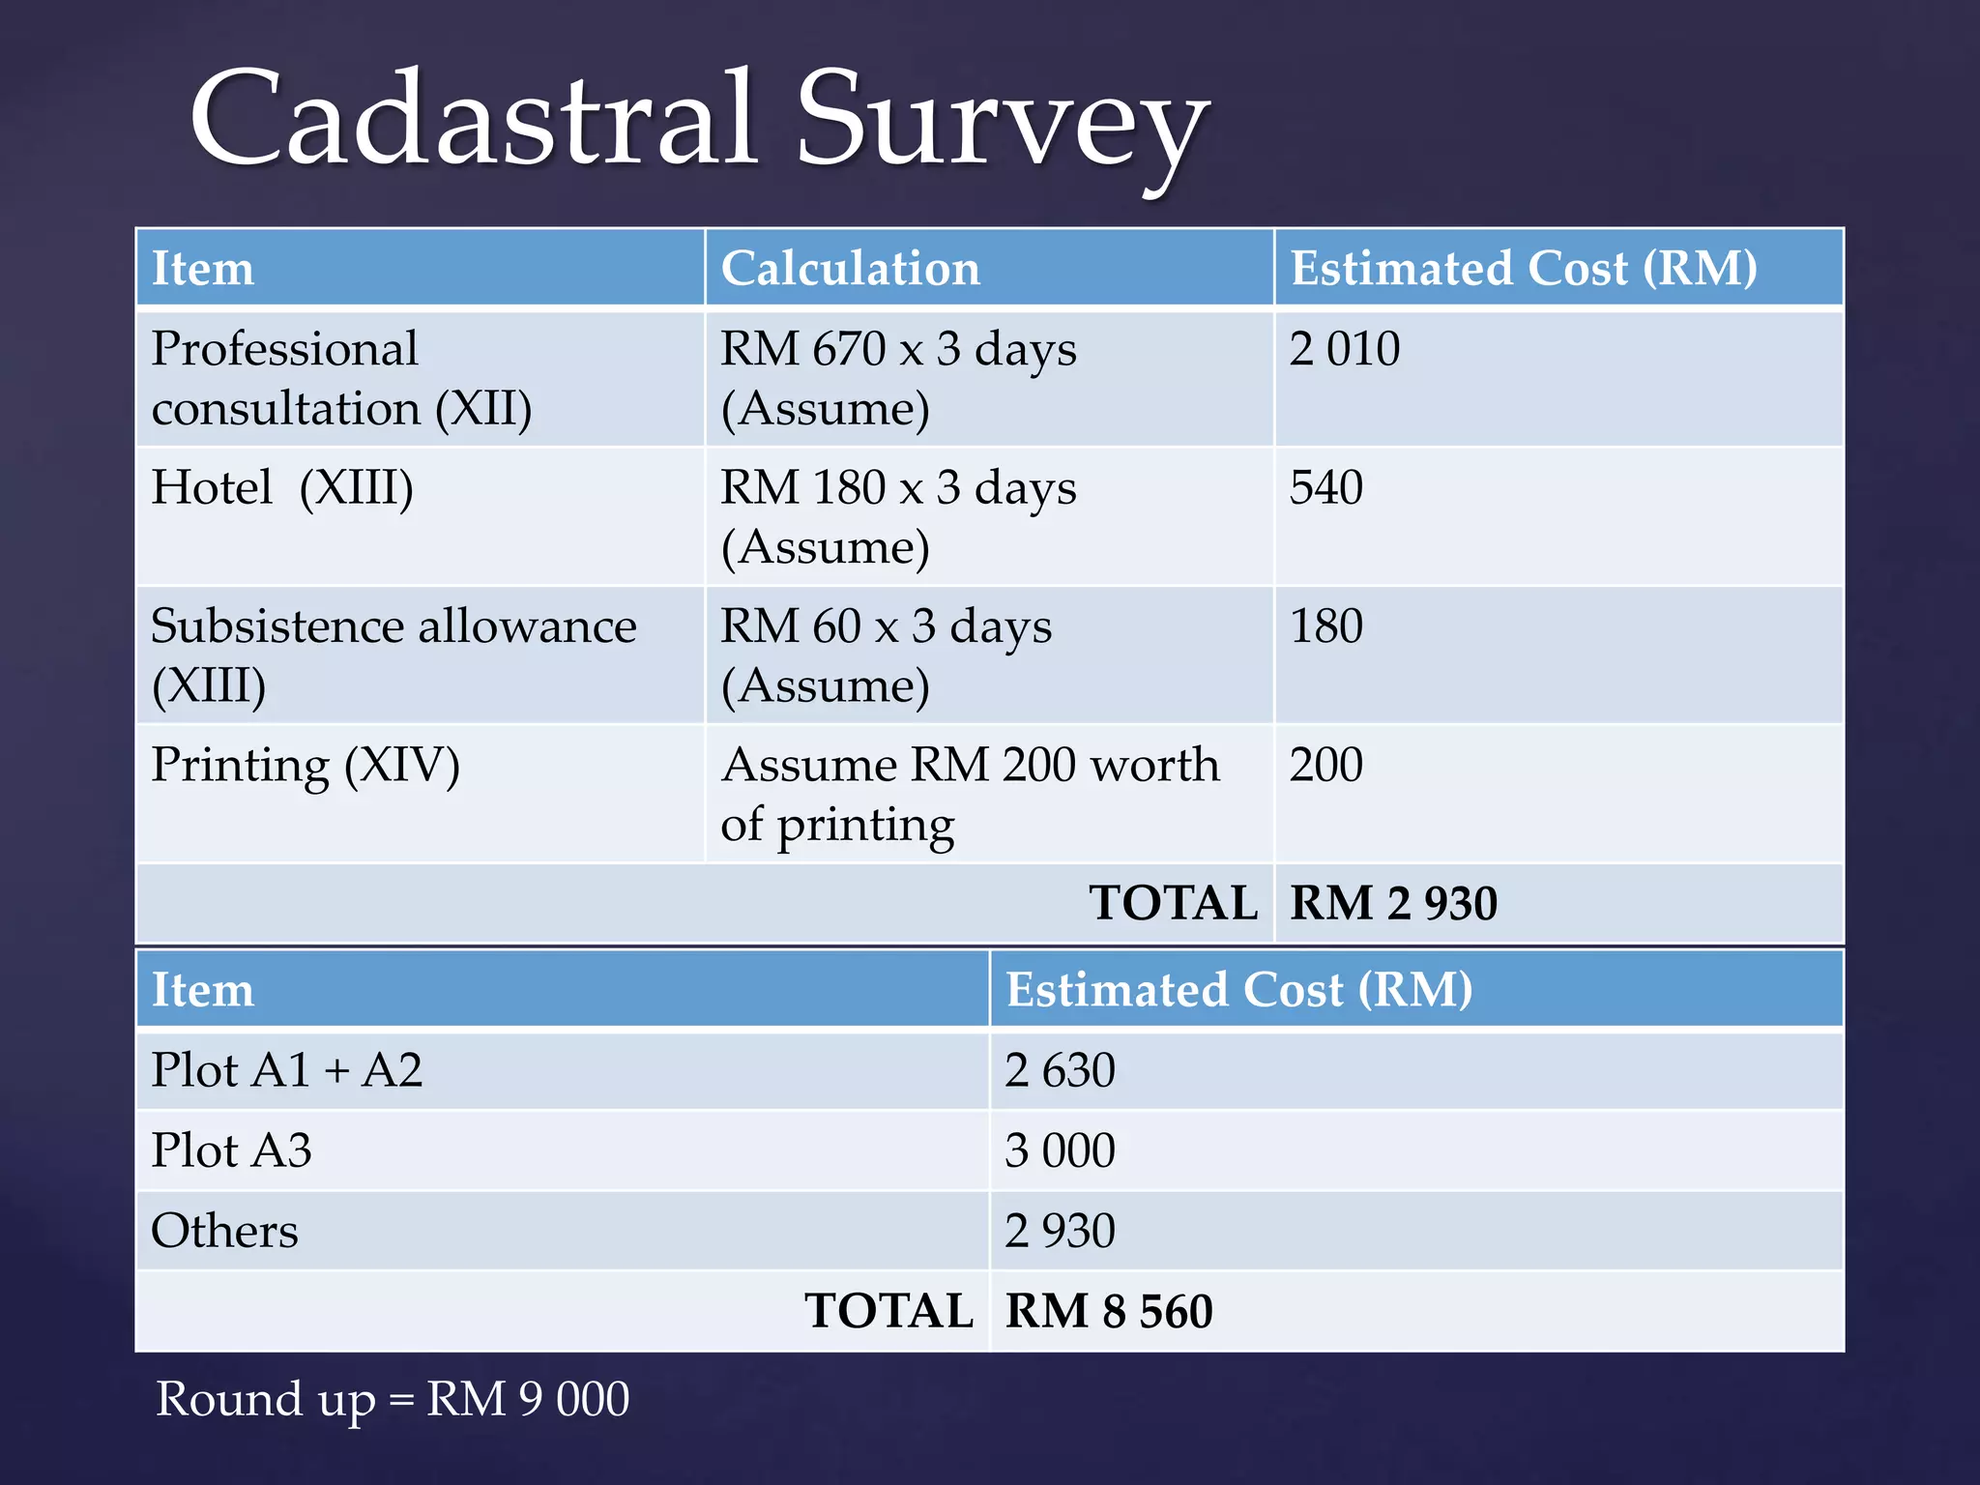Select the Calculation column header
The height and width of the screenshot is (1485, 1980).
pyautogui.click(x=850, y=268)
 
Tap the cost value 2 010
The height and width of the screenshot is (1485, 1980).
pyautogui.click(x=1344, y=349)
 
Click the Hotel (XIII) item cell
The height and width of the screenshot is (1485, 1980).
pyautogui.click(x=282, y=487)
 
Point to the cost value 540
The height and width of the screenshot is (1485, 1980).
pyautogui.click(x=1325, y=487)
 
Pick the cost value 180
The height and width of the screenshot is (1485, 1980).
pyautogui.click(x=1325, y=626)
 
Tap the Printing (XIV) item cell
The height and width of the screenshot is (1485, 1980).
pyautogui.click(x=306, y=766)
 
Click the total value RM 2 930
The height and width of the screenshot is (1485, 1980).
pyautogui.click(x=1393, y=903)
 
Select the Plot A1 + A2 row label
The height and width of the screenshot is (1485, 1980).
pyautogui.click(x=286, y=1070)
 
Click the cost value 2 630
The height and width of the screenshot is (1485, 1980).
pyautogui.click(x=1060, y=1070)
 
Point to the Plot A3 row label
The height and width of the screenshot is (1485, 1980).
pyautogui.click(x=231, y=1150)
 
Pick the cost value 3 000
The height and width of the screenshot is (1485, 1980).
pyautogui.click(x=1060, y=1150)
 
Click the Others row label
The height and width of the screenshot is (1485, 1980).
pyautogui.click(x=224, y=1231)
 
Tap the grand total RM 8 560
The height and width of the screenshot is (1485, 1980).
pyautogui.click(x=1108, y=1311)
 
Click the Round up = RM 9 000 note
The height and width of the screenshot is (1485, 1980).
pyautogui.click(x=393, y=1400)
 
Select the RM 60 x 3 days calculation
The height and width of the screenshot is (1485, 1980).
pyautogui.click(x=886, y=626)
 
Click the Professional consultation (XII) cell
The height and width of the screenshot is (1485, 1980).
pyautogui.click(x=340, y=378)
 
